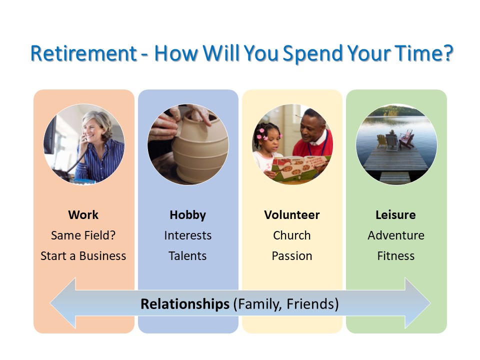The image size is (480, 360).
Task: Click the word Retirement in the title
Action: click(x=83, y=53)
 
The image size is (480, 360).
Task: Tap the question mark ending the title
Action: click(x=448, y=53)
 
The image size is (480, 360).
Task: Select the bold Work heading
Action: click(x=83, y=215)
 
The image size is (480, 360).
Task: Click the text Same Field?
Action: click(x=83, y=235)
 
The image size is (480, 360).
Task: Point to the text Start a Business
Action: click(x=83, y=256)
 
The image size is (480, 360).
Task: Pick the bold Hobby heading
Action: click(x=187, y=215)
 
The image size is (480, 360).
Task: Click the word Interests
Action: click(x=187, y=235)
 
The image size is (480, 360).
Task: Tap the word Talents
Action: click(x=187, y=256)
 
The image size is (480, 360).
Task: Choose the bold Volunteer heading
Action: click(x=291, y=215)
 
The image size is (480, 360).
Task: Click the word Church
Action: click(x=291, y=235)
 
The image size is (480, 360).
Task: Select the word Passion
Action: click(x=291, y=256)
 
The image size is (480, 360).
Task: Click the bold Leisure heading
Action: click(x=395, y=215)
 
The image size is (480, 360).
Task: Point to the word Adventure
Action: click(x=396, y=235)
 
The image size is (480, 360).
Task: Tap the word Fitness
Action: click(x=396, y=256)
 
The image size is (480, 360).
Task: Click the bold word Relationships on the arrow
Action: click(x=185, y=304)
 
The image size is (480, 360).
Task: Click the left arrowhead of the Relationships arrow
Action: click(x=63, y=303)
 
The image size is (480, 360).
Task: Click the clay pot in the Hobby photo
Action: click(x=199, y=147)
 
